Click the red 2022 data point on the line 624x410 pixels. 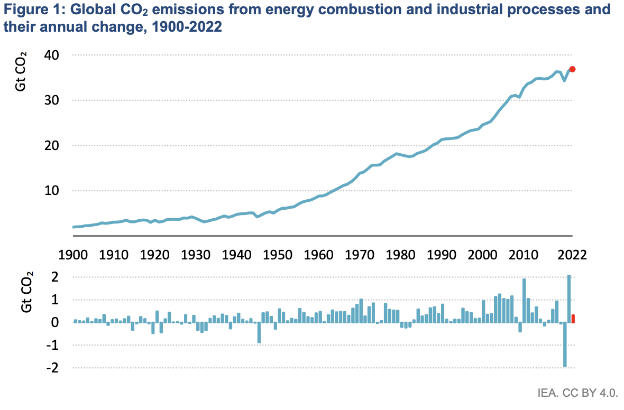point(572,69)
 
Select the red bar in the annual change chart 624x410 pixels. point(573,319)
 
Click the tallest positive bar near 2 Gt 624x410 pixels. point(569,299)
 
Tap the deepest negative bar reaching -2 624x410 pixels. point(565,344)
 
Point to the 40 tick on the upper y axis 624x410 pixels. point(51,55)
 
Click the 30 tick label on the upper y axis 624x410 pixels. point(51,100)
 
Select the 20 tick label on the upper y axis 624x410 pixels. point(51,145)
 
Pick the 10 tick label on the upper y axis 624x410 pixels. point(51,191)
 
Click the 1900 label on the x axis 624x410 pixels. point(73,255)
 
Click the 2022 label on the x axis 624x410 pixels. point(572,255)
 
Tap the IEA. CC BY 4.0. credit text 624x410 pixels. point(577,393)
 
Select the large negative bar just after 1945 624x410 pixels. point(259,332)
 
